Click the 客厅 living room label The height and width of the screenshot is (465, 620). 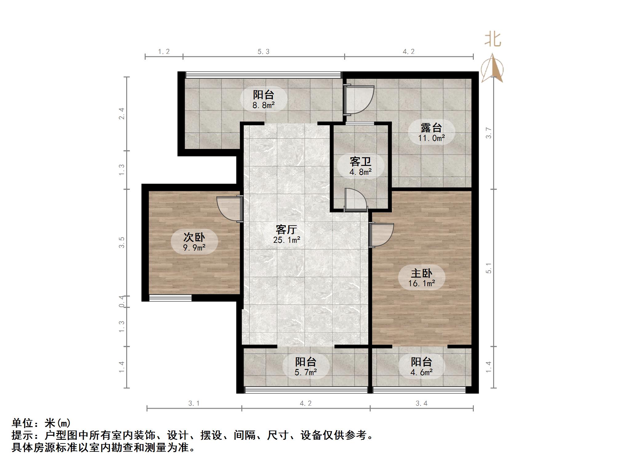click(286, 230)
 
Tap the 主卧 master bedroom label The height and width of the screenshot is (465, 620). click(421, 273)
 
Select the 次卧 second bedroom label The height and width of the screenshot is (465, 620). click(194, 237)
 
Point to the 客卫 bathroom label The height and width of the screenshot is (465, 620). click(360, 162)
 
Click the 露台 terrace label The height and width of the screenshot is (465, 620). click(431, 128)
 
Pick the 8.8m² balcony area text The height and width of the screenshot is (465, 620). click(264, 106)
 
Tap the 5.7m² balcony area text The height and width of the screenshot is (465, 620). click(306, 373)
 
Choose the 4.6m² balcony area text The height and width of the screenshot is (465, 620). click(421, 373)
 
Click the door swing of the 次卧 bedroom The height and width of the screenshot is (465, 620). click(229, 209)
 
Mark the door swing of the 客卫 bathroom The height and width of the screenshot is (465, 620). click(356, 200)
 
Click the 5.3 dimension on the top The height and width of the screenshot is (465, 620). click(264, 52)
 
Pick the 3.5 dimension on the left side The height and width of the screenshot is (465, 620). click(122, 243)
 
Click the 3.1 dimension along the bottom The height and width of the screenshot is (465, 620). click(194, 403)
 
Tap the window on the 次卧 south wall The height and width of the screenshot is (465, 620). click(170, 298)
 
